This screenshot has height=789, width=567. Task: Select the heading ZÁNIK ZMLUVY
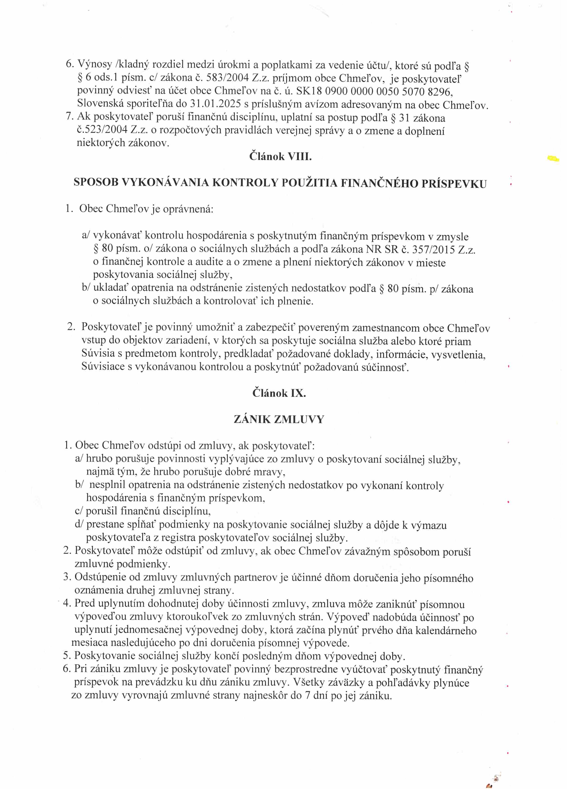[x=279, y=419]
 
